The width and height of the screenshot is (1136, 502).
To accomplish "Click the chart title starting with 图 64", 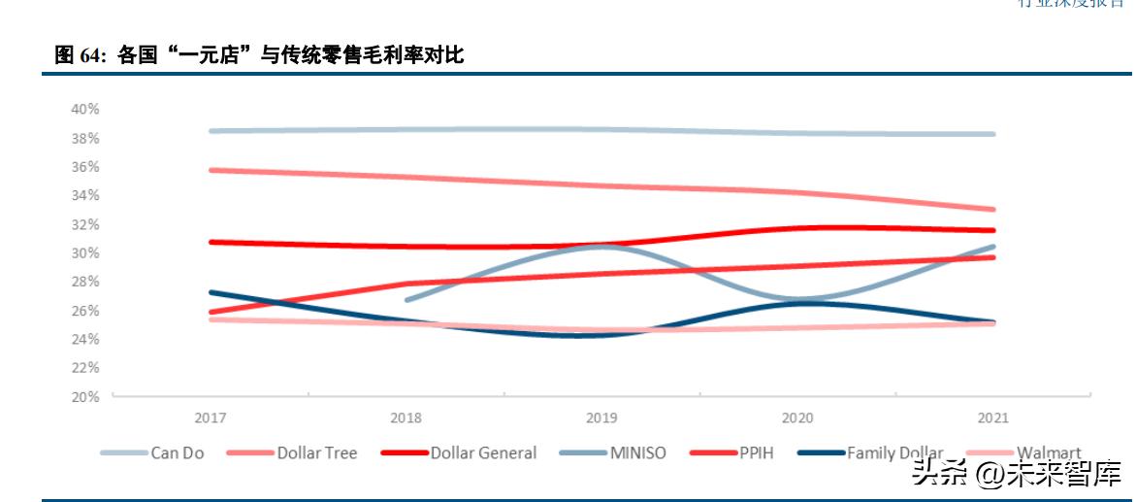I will click(259, 56).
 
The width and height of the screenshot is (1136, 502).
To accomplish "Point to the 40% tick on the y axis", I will click(85, 109).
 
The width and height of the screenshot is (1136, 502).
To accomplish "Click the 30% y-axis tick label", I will click(85, 252).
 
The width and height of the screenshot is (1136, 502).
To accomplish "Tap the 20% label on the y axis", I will click(85, 396).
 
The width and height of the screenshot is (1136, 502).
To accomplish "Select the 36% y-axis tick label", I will click(85, 166).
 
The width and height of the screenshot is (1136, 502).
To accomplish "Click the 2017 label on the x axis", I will click(211, 418).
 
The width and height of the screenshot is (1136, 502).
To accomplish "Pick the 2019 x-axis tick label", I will click(601, 418).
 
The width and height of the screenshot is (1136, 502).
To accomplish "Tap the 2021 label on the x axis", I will click(992, 418).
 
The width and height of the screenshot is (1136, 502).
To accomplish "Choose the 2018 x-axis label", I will click(406, 418).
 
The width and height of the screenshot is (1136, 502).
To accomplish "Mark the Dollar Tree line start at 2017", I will click(211, 170).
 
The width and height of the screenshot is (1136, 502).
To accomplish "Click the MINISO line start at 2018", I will click(406, 300).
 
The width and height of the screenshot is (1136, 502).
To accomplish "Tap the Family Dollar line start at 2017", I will click(211, 291).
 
